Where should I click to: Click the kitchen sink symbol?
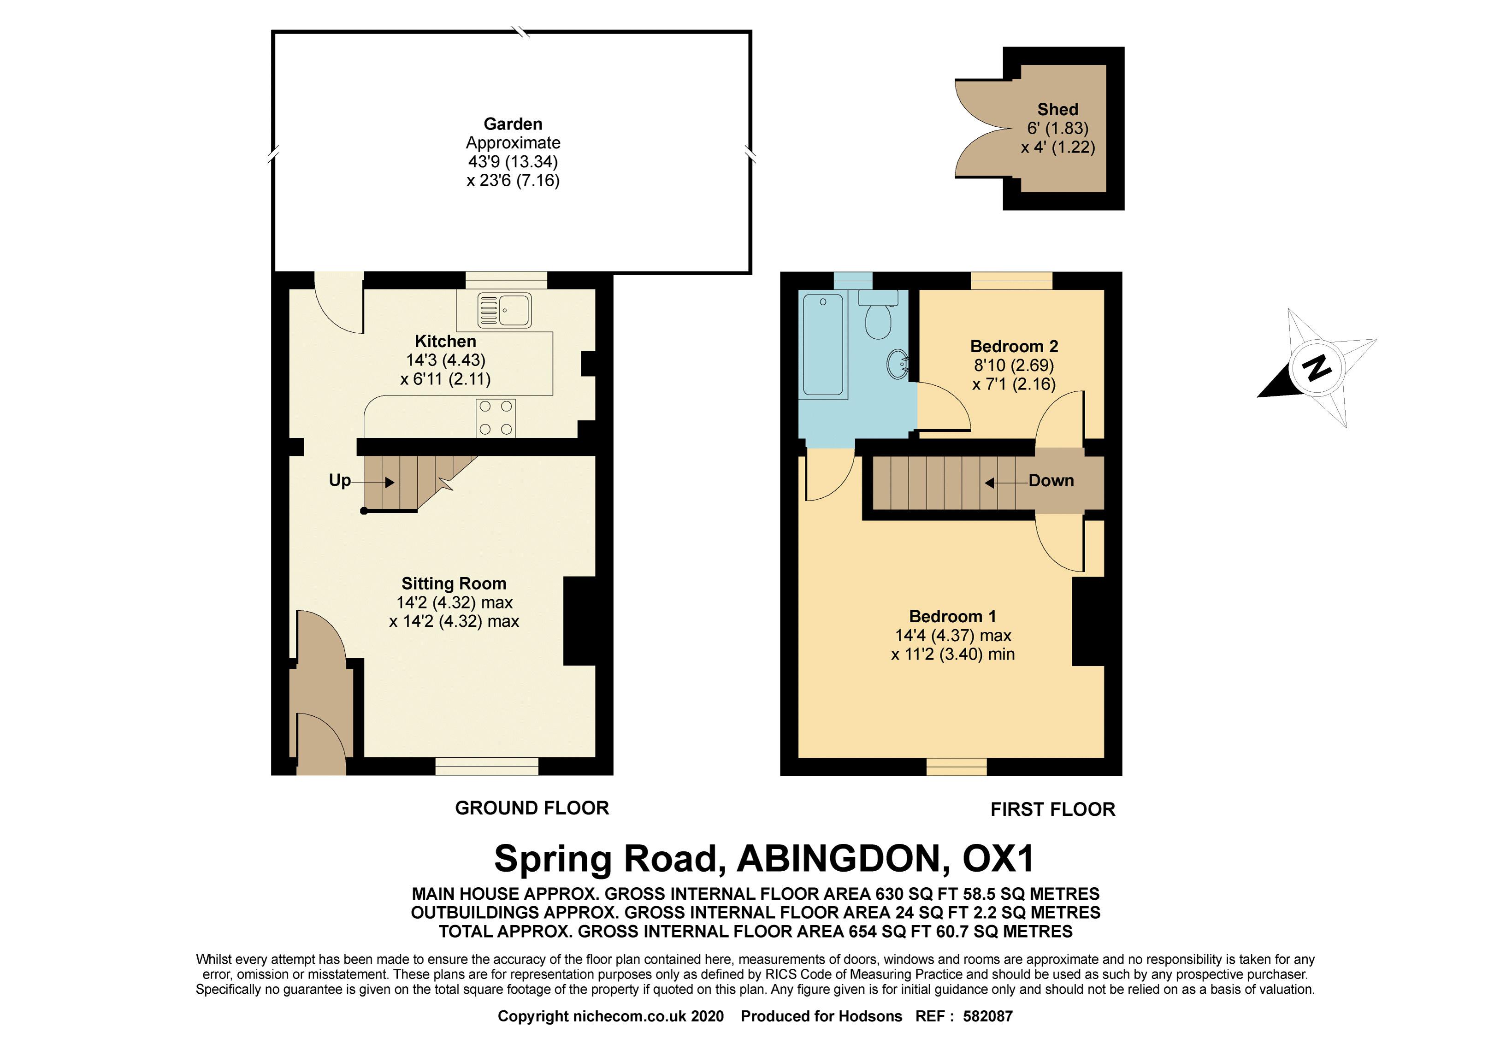(504, 310)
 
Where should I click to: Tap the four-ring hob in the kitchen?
(495, 417)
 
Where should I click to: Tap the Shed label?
(1057, 109)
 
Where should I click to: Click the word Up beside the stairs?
(340, 480)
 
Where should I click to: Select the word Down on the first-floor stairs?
(1051, 481)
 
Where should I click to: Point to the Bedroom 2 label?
(1013, 346)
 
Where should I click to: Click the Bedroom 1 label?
(952, 616)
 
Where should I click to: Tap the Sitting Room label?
(454, 584)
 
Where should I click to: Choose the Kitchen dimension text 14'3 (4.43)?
(446, 360)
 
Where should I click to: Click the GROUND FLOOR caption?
(532, 808)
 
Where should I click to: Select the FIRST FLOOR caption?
(1052, 809)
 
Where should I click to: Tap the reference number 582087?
(987, 1016)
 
